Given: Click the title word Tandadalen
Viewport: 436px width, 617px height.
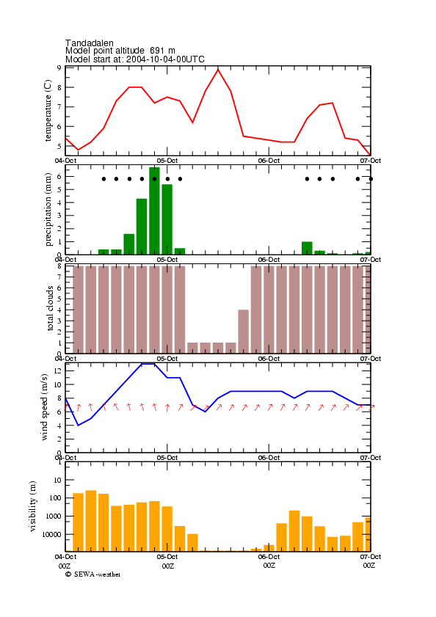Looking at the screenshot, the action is (x=90, y=43).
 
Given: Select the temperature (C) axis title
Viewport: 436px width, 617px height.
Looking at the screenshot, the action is (x=48, y=111).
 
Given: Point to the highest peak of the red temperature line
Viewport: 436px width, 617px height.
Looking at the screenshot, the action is (x=218, y=70).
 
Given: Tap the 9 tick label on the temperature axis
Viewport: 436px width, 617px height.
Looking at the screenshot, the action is (x=59, y=67).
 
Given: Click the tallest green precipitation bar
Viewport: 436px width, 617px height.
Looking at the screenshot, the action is (x=154, y=211).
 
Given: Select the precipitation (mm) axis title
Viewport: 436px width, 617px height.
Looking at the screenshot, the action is (x=48, y=209).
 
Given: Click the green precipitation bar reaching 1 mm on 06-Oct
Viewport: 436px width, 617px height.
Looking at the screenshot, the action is (x=307, y=248).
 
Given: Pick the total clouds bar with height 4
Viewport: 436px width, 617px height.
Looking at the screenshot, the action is (x=244, y=332).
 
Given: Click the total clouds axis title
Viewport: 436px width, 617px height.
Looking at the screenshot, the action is (x=50, y=308).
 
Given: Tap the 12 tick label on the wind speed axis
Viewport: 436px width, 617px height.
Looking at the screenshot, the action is (x=58, y=370).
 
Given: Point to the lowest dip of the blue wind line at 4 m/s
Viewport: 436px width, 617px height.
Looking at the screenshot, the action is (x=78, y=426).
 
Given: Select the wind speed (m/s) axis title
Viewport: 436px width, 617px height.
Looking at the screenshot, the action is (x=44, y=407).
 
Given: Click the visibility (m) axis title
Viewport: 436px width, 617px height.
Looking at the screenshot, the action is (x=32, y=506).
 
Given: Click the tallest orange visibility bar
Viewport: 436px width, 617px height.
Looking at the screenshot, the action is (x=91, y=521).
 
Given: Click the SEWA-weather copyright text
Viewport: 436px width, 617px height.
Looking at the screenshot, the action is (x=93, y=574).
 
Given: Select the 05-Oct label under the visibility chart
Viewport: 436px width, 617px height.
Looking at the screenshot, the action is (x=167, y=557).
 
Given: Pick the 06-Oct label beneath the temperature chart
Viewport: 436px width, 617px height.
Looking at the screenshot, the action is (x=269, y=161).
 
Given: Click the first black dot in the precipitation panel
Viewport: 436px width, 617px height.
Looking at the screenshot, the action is (x=103, y=179).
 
